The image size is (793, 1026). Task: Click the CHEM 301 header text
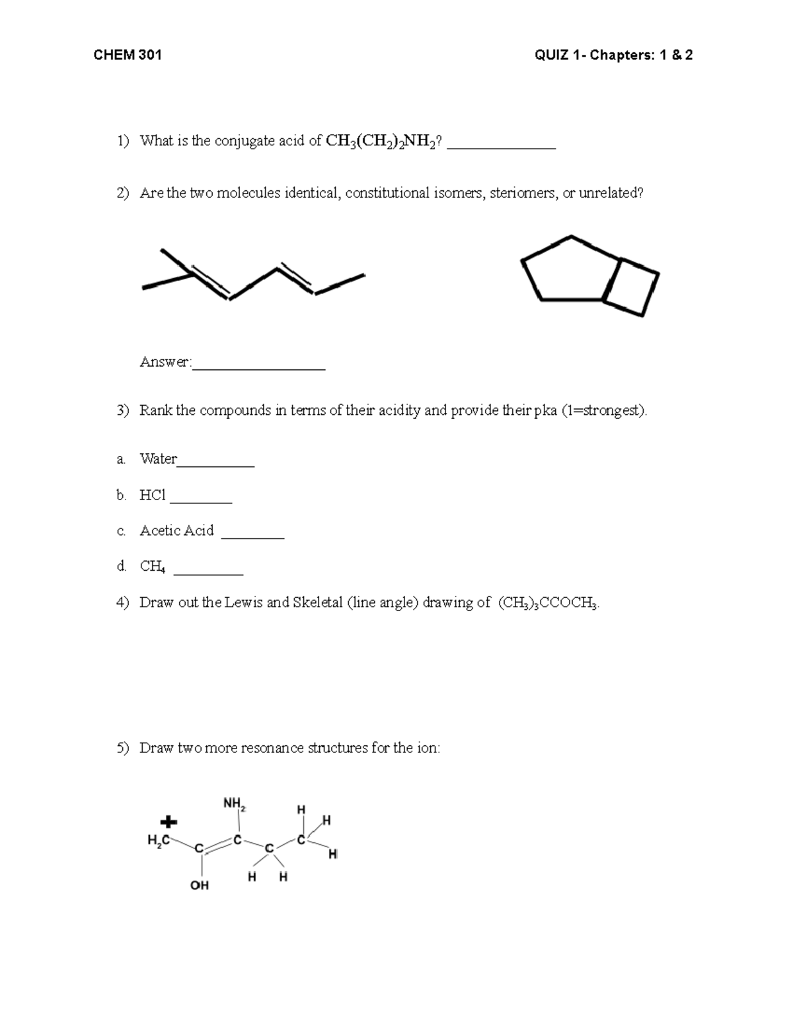(128, 55)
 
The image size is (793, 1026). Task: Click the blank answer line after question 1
(501, 147)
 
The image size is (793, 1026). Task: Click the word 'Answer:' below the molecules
(165, 362)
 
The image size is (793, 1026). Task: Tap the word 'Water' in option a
(158, 458)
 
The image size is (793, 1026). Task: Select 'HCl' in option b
(153, 495)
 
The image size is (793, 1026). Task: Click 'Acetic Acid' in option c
(176, 531)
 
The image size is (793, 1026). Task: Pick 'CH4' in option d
(152, 566)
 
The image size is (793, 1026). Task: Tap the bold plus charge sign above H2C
(169, 823)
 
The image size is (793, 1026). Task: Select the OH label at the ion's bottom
(199, 885)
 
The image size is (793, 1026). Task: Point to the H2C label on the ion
(157, 840)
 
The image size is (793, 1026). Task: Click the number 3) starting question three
(123, 410)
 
